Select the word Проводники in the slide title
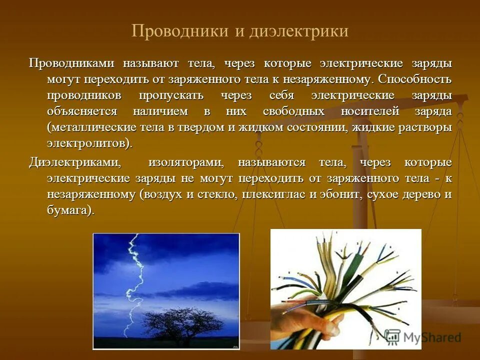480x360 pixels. (x=179, y=31)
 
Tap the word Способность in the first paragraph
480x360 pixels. (x=415, y=79)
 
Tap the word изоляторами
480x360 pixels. (x=185, y=163)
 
